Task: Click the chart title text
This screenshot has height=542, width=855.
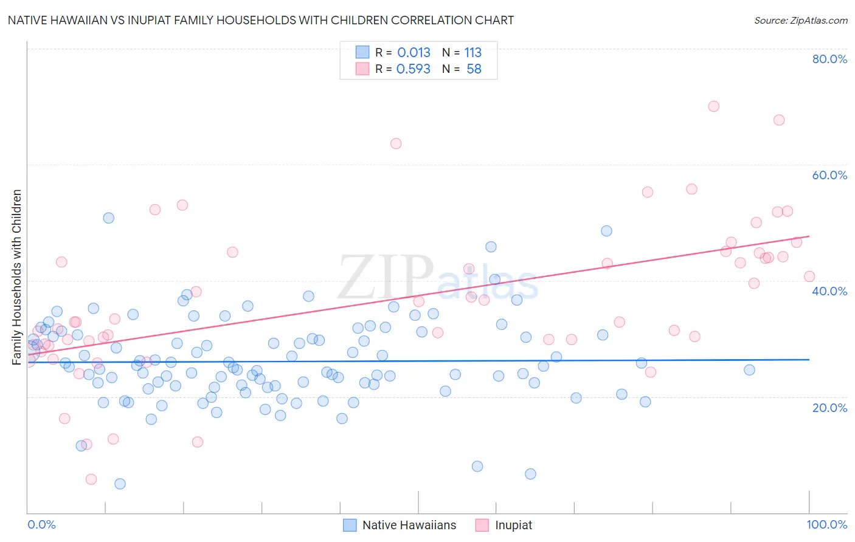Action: click(x=260, y=20)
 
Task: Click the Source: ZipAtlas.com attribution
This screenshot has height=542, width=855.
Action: click(x=800, y=20)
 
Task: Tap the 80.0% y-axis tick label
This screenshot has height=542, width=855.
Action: click(x=829, y=59)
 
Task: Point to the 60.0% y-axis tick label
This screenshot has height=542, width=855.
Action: click(x=829, y=175)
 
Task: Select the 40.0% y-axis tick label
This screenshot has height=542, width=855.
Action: click(x=829, y=291)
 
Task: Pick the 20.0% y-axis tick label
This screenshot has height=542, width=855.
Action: click(x=829, y=407)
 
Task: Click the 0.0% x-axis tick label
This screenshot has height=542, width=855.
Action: click(x=41, y=524)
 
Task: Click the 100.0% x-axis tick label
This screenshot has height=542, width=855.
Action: click(x=826, y=524)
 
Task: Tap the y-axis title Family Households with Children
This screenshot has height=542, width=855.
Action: click(x=17, y=277)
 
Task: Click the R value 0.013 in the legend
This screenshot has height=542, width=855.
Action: click(x=414, y=52)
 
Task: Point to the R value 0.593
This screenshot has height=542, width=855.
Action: click(x=414, y=69)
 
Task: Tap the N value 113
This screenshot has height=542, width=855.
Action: click(x=473, y=52)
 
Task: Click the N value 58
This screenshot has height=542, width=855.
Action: click(x=474, y=69)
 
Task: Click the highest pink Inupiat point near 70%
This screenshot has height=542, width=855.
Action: click(x=713, y=106)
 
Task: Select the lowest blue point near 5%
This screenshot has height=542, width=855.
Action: click(x=120, y=484)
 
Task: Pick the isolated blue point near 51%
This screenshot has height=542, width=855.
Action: click(x=108, y=218)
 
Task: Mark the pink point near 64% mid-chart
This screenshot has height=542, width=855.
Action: click(x=396, y=143)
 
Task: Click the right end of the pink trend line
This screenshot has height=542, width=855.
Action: click(x=809, y=236)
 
